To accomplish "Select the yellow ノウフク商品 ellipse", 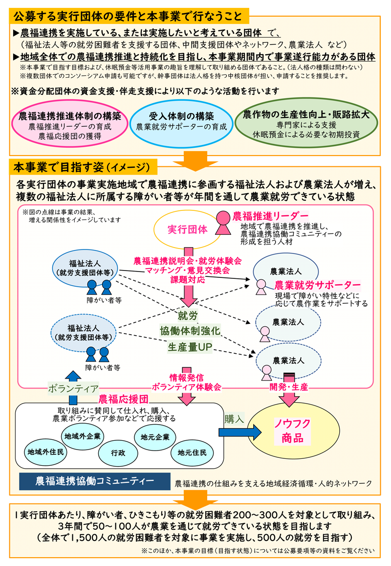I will point(292,430).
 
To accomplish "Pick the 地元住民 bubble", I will point(192,452).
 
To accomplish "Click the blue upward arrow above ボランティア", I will point(73,375).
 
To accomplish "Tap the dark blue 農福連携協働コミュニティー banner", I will point(94,481).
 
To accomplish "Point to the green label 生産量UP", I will point(189,347).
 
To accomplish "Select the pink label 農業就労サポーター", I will point(317,285).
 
